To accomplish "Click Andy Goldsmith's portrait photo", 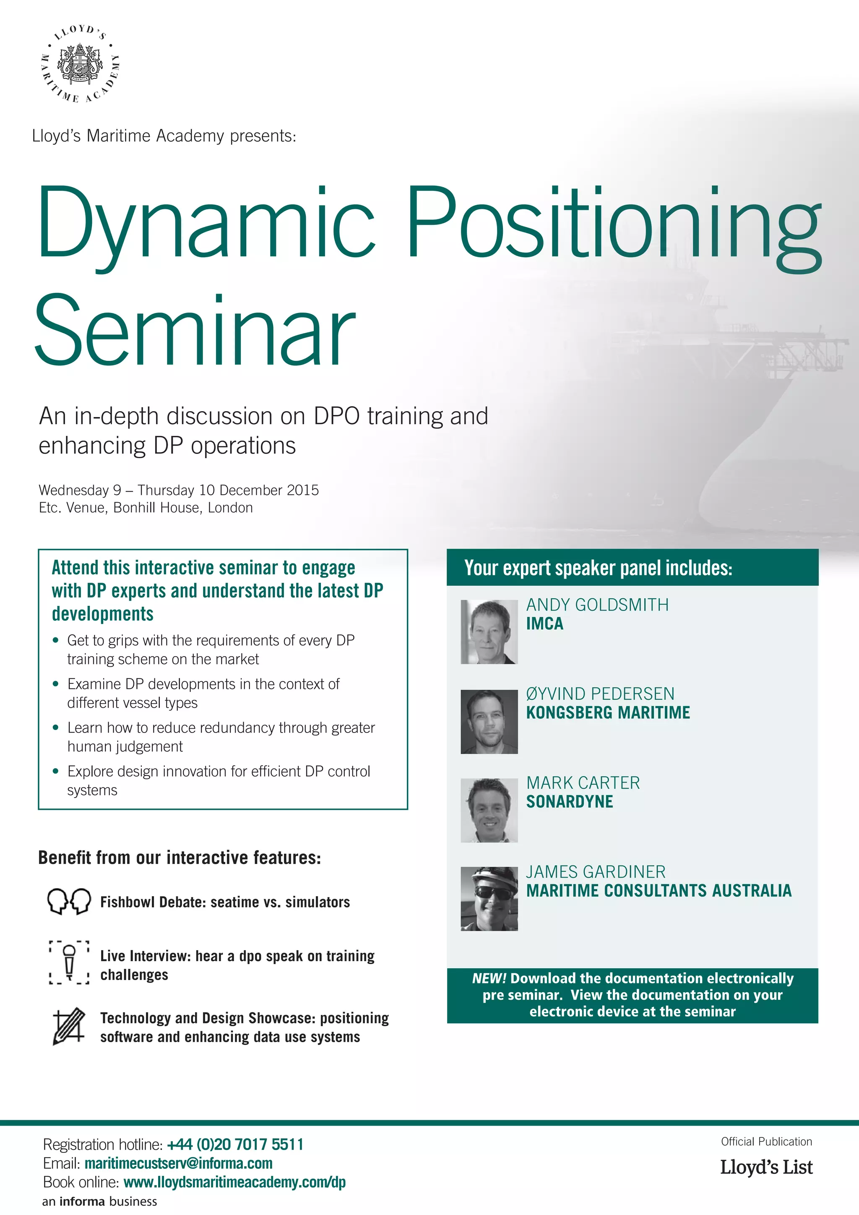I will click(489, 632).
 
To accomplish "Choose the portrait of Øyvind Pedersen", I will click(489, 721).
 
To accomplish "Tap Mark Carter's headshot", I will click(489, 810).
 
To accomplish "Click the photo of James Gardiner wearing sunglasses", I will click(489, 899).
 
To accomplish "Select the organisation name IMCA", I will click(544, 624).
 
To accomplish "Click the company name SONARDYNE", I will click(569, 802).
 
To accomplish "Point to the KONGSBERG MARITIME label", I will click(608, 713).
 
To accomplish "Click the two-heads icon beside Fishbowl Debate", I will click(69, 901).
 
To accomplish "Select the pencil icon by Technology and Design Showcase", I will click(69, 1026).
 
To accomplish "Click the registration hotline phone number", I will click(235, 1145).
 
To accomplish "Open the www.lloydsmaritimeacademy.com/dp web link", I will click(234, 1182).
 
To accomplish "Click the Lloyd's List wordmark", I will click(766, 1167).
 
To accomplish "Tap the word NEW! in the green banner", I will click(489, 978).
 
